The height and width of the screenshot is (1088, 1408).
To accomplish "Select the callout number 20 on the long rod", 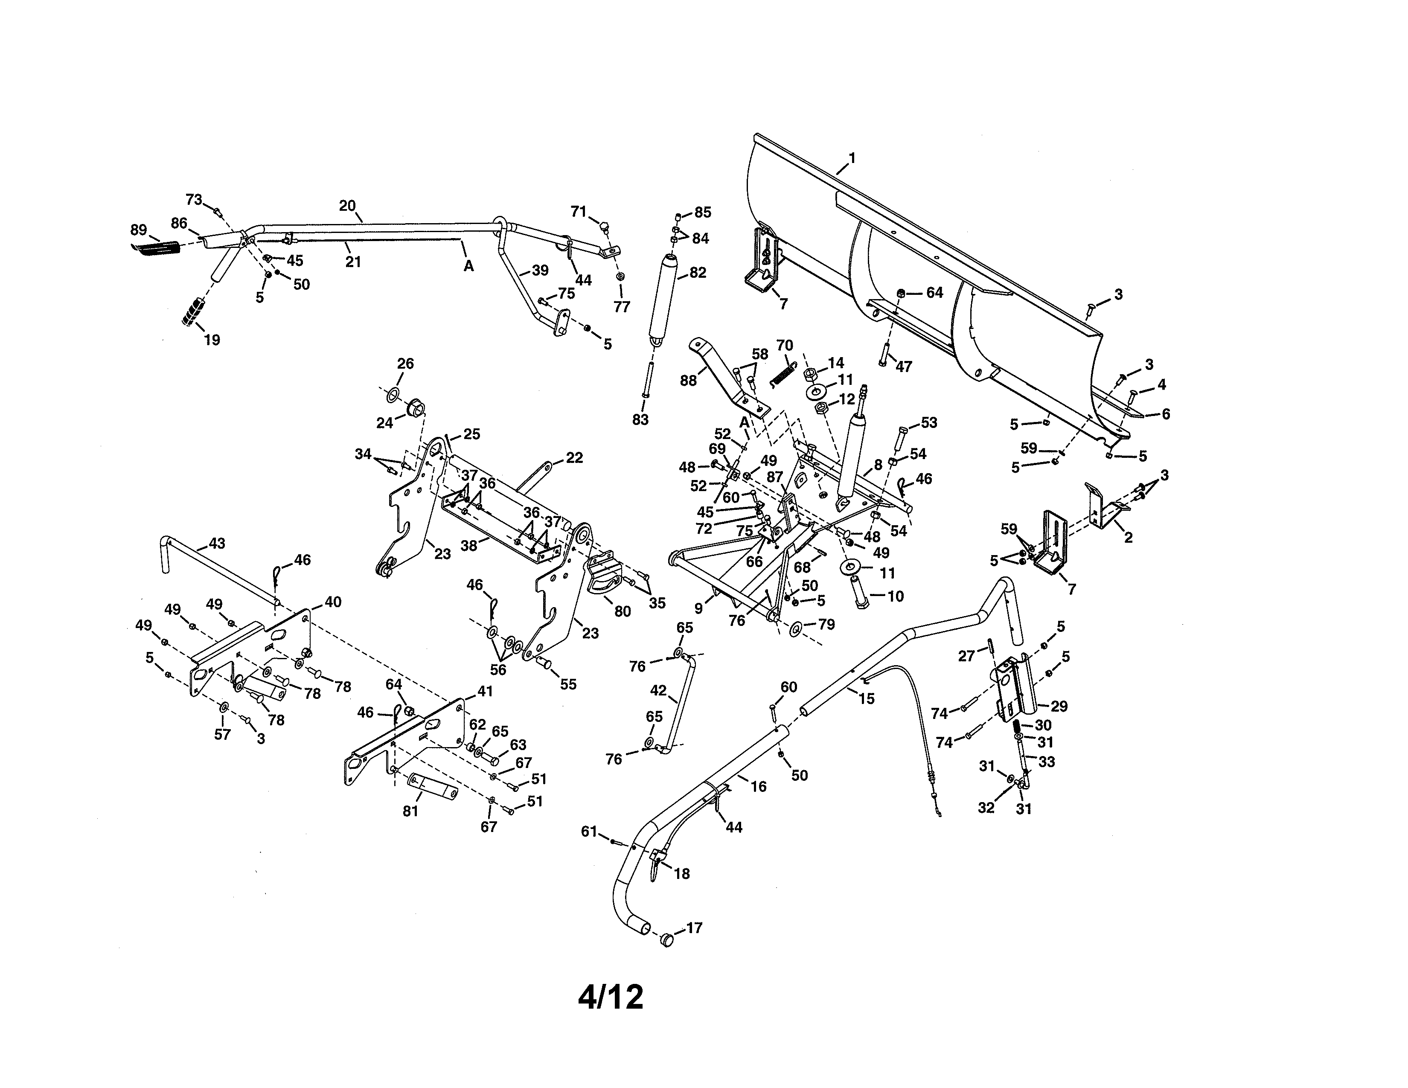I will click(x=347, y=206).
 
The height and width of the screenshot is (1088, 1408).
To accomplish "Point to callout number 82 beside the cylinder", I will click(x=698, y=273).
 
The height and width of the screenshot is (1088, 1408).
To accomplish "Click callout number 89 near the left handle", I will click(x=139, y=230).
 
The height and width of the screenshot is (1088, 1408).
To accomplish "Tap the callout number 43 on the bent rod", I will click(x=217, y=543).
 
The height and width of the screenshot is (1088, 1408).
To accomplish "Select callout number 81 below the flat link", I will click(x=410, y=811).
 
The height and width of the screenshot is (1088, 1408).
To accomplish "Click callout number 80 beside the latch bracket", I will click(x=622, y=611).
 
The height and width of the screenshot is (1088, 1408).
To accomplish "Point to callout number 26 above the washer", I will click(x=405, y=364).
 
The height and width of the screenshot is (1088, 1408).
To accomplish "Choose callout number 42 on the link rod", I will click(x=658, y=690).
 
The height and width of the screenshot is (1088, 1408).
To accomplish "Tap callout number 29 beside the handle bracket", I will click(x=1059, y=707).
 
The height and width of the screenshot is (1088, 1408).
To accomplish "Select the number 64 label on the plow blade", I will click(x=934, y=293).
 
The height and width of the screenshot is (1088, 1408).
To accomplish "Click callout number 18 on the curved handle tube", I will click(x=681, y=873).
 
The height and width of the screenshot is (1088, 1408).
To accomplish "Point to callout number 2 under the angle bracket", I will click(x=1128, y=538).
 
